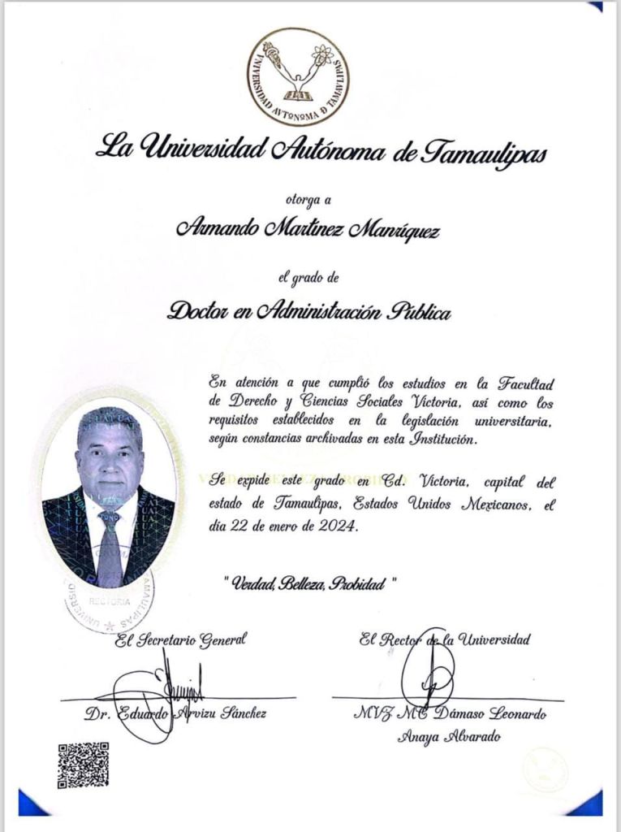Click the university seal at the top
pos(298,76)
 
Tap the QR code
pos(83,765)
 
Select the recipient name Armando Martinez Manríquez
pos(308,230)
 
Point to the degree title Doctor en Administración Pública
pos(308,310)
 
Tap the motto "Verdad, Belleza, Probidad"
pos(308,583)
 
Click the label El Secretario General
pos(179,640)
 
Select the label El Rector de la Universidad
pos(445,639)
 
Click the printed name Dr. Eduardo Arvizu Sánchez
pos(175,713)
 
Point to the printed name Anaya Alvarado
pos(449,737)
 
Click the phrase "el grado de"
pos(308,279)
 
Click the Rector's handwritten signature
pos(428,676)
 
